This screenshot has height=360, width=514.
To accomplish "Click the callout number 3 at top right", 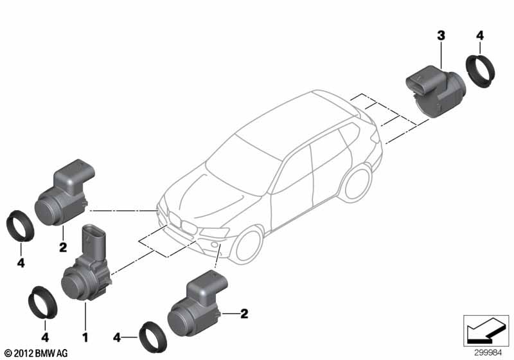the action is pos(441,35).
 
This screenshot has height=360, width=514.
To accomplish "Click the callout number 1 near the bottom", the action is pos(85,337).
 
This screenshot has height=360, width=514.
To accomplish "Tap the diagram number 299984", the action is pos(488,353).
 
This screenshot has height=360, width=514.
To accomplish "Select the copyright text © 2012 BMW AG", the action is pos(37,353).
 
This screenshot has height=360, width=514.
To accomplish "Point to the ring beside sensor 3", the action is pos(481,72).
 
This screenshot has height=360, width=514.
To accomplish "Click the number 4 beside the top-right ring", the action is pos(479,35).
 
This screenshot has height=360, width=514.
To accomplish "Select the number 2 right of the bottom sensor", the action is pos(244,314).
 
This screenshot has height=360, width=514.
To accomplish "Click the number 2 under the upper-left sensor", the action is pos(63,248).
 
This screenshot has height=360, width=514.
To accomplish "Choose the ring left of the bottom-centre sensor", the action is pos(153,339).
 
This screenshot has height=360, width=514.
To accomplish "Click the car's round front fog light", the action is pos(214,244).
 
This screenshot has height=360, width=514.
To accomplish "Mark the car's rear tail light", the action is pos(375,137).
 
